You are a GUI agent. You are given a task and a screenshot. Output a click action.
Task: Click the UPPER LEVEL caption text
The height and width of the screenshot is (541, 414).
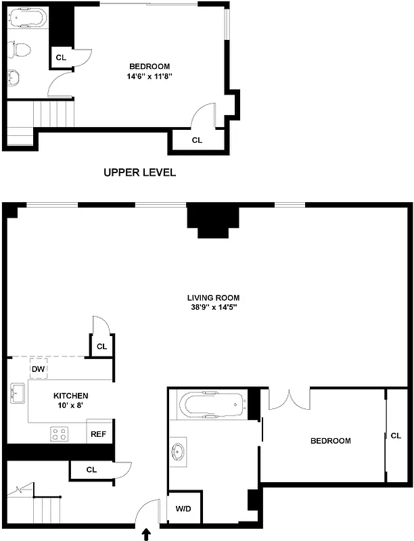coord(139,172)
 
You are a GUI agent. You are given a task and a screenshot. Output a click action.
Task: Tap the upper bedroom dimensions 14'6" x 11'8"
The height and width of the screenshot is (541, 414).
coord(149,76)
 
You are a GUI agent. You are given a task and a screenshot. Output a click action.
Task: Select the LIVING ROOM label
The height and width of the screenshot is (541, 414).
coord(214,298)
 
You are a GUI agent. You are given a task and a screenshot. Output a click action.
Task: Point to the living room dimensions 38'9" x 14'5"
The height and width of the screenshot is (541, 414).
coord(214,307)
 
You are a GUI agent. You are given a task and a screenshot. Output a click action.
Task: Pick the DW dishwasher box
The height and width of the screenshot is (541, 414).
coord(39,369)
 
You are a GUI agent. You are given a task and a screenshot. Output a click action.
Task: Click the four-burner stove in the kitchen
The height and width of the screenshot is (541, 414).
coord(60,433)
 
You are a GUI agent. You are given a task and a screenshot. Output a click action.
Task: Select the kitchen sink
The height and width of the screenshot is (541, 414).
coord(18,392)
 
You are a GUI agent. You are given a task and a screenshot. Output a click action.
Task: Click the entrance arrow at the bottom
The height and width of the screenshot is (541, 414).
coord(146,534)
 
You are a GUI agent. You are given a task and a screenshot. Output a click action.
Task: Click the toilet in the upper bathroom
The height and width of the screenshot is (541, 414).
coord(20,49)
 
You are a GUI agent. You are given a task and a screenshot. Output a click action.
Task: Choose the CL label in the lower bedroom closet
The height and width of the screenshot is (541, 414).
coord(396,436)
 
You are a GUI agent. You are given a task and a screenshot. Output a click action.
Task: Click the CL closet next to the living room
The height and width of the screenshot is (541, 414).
coord(101,346)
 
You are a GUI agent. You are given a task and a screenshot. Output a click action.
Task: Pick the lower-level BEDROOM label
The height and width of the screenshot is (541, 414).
coord(330,441)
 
